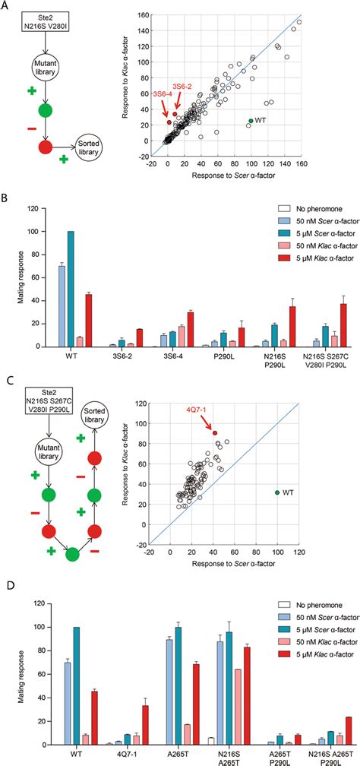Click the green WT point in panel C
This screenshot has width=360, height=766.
coord(277,493)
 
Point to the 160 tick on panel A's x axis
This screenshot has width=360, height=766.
coord(302,163)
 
